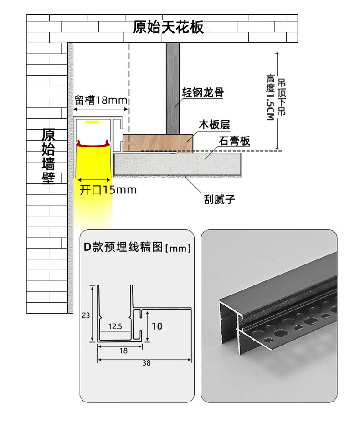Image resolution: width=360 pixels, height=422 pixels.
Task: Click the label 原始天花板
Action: point(168,27)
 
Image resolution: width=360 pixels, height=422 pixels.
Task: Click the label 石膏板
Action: point(234,141)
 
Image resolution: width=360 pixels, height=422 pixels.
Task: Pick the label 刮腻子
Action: point(220,199)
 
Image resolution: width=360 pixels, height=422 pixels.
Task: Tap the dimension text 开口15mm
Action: point(108,190)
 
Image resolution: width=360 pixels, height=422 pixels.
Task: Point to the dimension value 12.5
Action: point(115,326)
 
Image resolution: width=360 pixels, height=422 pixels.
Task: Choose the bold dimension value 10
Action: point(157,326)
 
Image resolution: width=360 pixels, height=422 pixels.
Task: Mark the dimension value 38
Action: point(146,363)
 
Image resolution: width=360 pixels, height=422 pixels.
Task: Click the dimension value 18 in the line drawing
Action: point(123,351)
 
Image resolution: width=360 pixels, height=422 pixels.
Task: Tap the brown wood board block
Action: point(158,142)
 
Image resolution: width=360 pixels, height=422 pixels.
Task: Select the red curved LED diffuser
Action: point(93,145)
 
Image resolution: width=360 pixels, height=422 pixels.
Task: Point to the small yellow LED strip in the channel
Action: point(93,122)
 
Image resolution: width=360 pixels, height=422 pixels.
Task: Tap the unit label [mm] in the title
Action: point(177,249)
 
